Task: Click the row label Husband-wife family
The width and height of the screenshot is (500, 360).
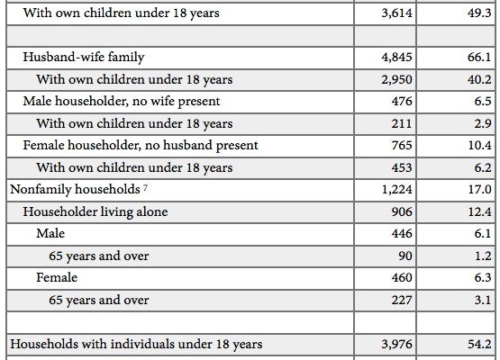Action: pyautogui.click(x=84, y=58)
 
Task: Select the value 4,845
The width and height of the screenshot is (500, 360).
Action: pyautogui.click(x=396, y=58)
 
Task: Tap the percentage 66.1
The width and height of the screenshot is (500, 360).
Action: pyautogui.click(x=479, y=58)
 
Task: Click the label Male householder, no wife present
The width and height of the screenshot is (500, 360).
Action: pyautogui.click(x=122, y=102)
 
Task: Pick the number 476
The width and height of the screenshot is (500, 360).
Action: pyautogui.click(x=402, y=102)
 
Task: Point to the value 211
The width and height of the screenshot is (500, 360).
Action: pyautogui.click(x=402, y=123)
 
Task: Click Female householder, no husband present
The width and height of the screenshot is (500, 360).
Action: pyautogui.click(x=141, y=145)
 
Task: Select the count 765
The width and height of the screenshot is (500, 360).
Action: pyautogui.click(x=402, y=145)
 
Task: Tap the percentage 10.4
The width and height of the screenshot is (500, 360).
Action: pyautogui.click(x=479, y=145)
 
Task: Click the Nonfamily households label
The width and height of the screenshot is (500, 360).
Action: pyautogui.click(x=75, y=190)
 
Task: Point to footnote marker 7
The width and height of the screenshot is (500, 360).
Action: pyautogui.click(x=145, y=187)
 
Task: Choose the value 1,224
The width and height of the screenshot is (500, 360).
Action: pyautogui.click(x=396, y=190)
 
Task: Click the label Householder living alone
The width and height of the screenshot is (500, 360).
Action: pyautogui.click(x=95, y=211)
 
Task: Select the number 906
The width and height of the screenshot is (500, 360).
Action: pyautogui.click(x=402, y=211)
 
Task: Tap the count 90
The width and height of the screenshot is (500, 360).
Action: pyautogui.click(x=405, y=256)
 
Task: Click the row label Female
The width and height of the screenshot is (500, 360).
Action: pyautogui.click(x=57, y=277)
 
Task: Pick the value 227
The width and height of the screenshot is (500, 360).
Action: pyautogui.click(x=402, y=300)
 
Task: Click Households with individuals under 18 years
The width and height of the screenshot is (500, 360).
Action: pyautogui.click(x=136, y=345)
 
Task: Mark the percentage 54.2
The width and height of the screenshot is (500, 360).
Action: pyautogui.click(x=479, y=345)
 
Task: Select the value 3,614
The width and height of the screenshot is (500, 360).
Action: pyautogui.click(x=396, y=13)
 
